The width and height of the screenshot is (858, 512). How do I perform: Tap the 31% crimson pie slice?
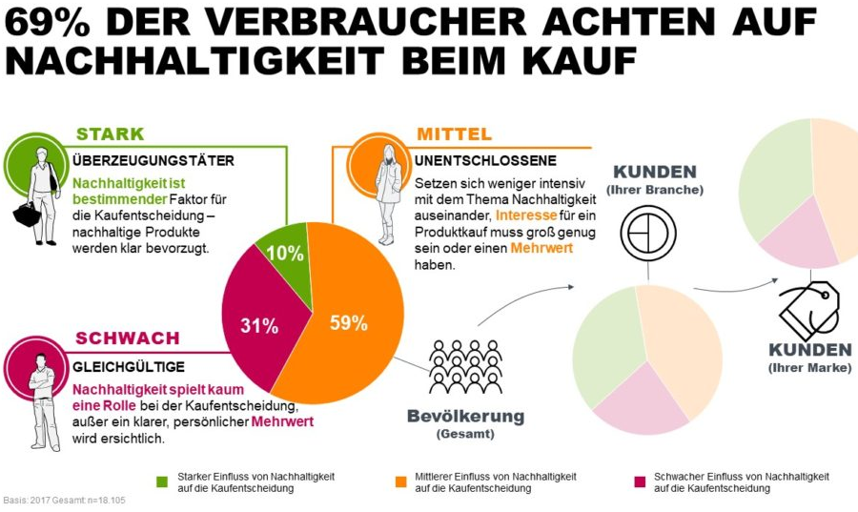coord(258,325)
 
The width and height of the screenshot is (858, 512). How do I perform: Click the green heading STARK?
coord(110,133)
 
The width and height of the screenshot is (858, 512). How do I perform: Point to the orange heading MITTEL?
coord(454,133)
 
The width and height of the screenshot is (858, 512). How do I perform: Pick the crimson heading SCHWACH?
coord(127,338)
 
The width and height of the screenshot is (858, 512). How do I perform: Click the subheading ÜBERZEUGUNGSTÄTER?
coord(153,160)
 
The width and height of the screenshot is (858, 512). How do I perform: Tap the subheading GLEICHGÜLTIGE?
coord(129,366)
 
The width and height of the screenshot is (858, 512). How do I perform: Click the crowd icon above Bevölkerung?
coord(465,366)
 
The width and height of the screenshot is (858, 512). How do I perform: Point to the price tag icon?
coord(808,311)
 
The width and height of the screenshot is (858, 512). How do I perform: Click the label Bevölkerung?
coord(465,416)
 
